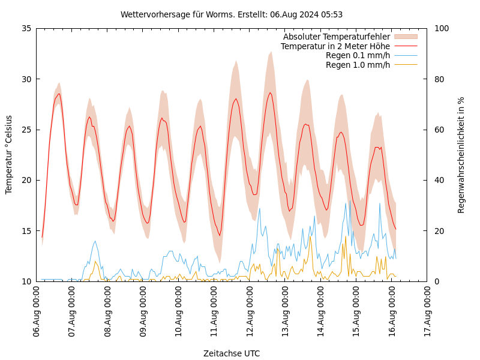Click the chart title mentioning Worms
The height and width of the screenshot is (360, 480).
click(x=232, y=14)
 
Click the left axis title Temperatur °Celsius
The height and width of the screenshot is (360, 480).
click(x=9, y=155)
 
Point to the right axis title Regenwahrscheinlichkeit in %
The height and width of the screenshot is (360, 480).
click(x=461, y=155)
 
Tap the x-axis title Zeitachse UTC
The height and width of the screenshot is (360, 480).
click(x=232, y=353)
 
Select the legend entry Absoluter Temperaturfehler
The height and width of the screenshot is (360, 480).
click(x=336, y=37)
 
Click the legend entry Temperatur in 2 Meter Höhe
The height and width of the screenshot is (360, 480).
click(x=335, y=46)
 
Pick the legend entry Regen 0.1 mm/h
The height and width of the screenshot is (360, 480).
click(x=358, y=55)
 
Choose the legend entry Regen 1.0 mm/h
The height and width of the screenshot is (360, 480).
click(x=358, y=64)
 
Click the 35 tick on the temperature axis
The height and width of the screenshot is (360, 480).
click(x=26, y=28)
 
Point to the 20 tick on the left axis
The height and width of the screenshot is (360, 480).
click(x=26, y=180)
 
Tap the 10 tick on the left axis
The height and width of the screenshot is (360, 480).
click(x=26, y=281)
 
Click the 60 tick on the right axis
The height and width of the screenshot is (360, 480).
click(x=439, y=130)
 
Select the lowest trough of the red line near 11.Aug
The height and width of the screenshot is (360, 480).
click(x=220, y=235)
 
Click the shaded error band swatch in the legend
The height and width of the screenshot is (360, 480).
click(x=405, y=37)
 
